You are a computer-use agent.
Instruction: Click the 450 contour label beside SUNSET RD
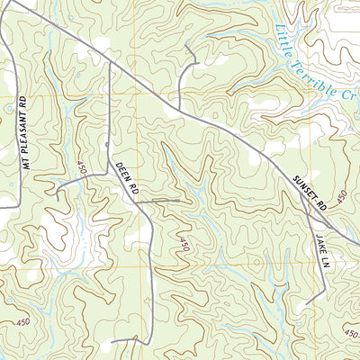[x=341, y=199]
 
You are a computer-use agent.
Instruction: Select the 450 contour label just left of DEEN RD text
[x=83, y=168]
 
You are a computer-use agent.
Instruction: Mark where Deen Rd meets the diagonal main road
[x=110, y=63]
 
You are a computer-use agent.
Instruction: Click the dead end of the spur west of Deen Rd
[x=57, y=194]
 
